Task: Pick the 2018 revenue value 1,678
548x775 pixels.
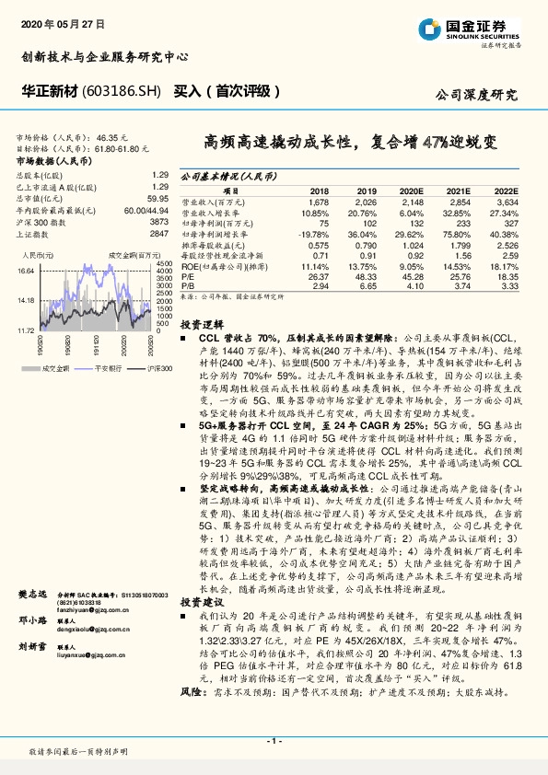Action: (319, 200)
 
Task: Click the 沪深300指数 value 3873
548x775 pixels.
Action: (158, 223)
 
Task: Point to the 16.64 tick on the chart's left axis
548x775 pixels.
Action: (26, 271)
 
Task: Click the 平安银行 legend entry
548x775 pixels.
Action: (109, 368)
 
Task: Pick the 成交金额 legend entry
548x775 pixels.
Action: (53, 368)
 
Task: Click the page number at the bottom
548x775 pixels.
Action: (273, 739)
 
